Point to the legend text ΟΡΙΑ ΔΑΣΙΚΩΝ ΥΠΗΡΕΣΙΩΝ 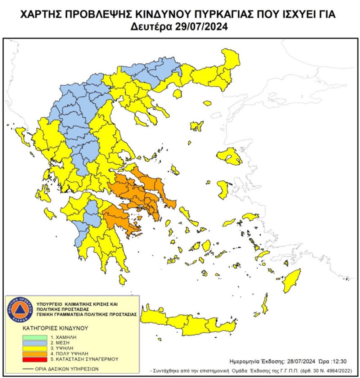(67, 369)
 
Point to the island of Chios (223, 189)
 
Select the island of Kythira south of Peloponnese (122, 278)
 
